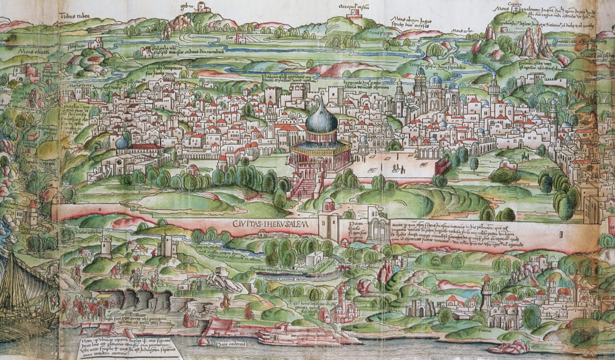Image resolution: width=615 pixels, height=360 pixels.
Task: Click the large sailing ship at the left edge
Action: [23, 292]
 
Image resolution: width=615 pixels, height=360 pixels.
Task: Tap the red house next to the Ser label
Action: [241, 37]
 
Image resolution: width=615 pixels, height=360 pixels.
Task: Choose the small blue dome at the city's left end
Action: [122, 143]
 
